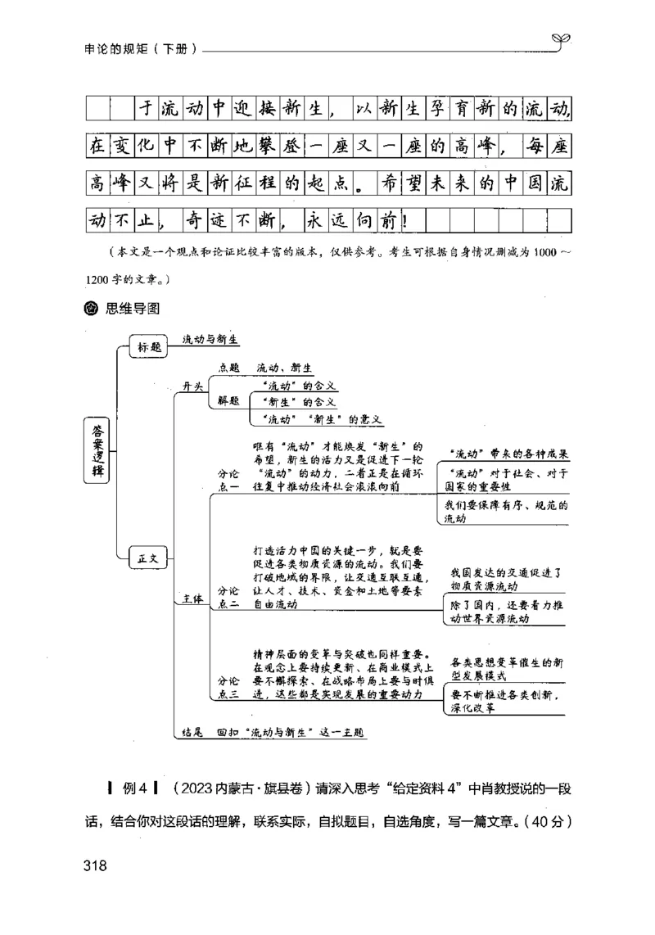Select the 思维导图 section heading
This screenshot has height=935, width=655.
132,309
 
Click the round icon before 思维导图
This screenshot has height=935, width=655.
92,309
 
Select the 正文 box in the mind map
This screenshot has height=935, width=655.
147,560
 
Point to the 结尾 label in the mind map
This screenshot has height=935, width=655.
191,731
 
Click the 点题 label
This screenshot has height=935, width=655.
228,368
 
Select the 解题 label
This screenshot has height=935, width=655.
228,400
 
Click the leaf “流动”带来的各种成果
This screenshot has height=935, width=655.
509,454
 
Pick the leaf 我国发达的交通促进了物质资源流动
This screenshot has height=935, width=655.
504,579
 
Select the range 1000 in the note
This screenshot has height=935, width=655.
545,251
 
